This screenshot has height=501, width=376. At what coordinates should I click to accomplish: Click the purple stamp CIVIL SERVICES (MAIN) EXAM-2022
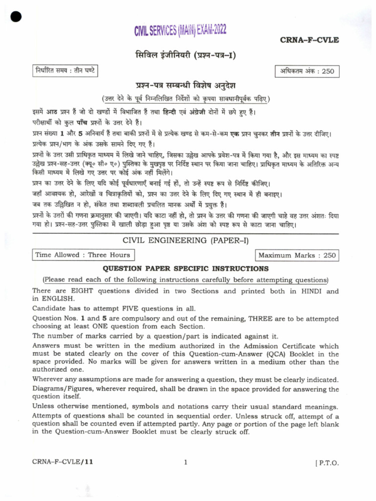coord(180,32)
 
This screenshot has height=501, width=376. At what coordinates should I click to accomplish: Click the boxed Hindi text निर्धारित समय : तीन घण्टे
coord(64,70)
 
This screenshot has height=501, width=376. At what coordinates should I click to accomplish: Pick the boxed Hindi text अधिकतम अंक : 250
coord(307,71)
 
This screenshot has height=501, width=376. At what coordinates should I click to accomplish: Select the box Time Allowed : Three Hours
coord(83,255)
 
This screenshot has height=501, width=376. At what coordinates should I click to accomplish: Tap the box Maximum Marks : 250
coord(297,255)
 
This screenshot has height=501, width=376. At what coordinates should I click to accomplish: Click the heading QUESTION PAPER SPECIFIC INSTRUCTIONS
coord(185,269)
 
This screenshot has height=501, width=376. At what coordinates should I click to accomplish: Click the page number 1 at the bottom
coord(186,461)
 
